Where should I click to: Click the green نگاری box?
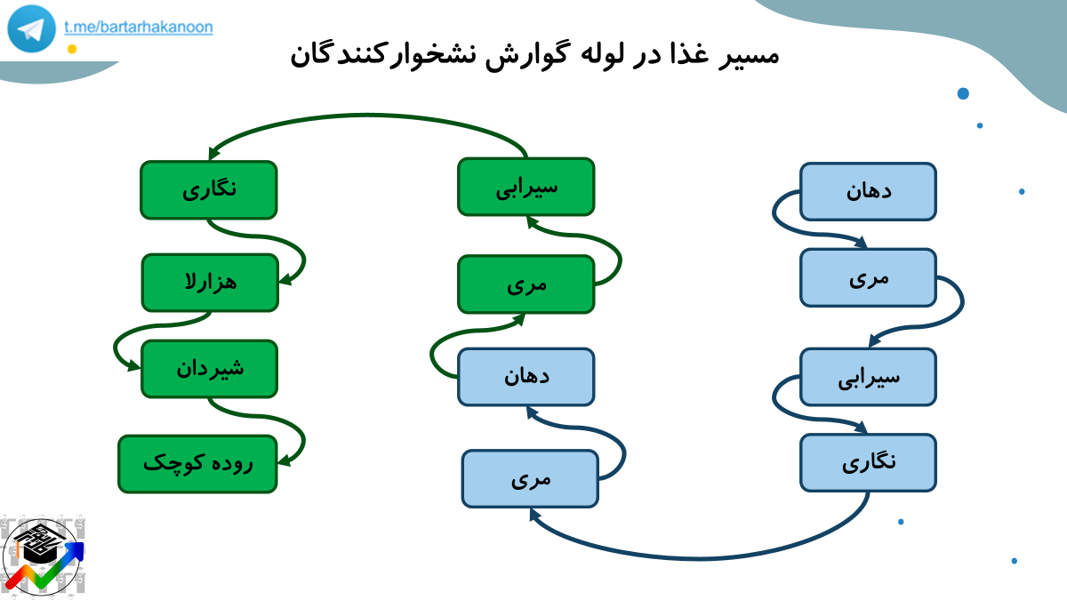click(x=209, y=190)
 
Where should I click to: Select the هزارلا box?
click(x=210, y=283)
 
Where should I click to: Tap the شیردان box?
click(x=210, y=369)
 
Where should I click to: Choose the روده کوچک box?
click(x=197, y=464)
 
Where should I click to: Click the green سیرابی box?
click(x=525, y=187)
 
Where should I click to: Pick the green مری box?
click(x=525, y=284)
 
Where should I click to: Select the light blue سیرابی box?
click(x=869, y=377)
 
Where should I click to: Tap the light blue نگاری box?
click(x=869, y=462)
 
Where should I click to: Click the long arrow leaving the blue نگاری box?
click(x=701, y=557)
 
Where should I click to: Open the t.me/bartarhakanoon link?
click(x=139, y=28)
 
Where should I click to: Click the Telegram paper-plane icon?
click(x=31, y=28)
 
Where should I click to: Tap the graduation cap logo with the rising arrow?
click(x=43, y=557)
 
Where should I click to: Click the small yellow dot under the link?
click(x=72, y=49)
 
